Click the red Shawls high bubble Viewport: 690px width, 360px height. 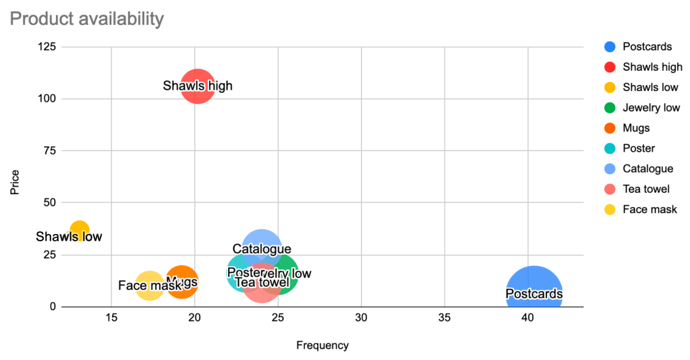pyautogui.click(x=198, y=86)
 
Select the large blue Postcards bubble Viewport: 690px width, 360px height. pyautogui.click(x=534, y=294)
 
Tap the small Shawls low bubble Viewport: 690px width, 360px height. pyautogui.click(x=80, y=231)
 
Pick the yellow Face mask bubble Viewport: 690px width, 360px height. pyautogui.click(x=149, y=285)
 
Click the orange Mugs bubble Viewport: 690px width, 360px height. pyautogui.click(x=181, y=282)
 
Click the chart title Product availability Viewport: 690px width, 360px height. pyautogui.click(x=87, y=19)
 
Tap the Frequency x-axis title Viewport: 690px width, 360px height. pyautogui.click(x=322, y=345)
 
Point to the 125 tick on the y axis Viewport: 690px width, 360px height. pyautogui.click(x=47, y=47)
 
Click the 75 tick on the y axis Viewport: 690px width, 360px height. pyautogui.click(x=50, y=150)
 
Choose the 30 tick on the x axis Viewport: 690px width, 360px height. pyautogui.click(x=362, y=318)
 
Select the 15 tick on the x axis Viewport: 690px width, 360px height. pyautogui.click(x=111, y=318)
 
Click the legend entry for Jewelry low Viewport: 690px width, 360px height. pyautogui.click(x=651, y=107)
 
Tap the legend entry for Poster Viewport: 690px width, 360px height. pyautogui.click(x=639, y=148)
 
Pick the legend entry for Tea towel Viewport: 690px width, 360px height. pyautogui.click(x=646, y=189)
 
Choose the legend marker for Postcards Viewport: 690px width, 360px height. pyautogui.click(x=610, y=47)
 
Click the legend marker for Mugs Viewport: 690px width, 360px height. pyautogui.click(x=610, y=128)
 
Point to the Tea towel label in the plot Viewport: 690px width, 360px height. pyautogui.click(x=262, y=282)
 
